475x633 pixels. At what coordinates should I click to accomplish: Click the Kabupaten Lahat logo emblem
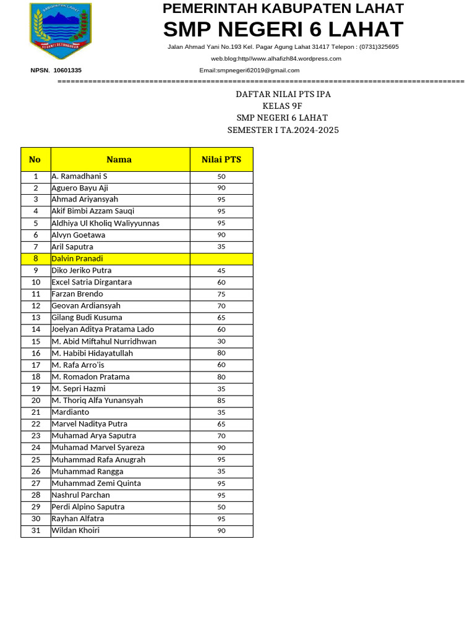tap(61, 31)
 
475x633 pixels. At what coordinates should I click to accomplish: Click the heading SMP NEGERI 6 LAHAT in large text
tap(283, 29)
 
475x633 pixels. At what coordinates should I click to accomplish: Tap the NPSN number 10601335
tap(67, 70)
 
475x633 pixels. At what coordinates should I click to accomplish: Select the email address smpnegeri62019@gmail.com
tap(249, 70)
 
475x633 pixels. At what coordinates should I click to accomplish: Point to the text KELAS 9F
tap(283, 106)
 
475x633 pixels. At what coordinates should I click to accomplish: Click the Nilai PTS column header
tap(221, 159)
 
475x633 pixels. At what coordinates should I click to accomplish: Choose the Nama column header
tap(119, 159)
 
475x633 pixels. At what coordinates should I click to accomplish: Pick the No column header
tap(35, 159)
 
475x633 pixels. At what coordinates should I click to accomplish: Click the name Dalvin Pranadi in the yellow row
tap(77, 258)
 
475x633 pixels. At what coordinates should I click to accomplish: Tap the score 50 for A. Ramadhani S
tap(221, 177)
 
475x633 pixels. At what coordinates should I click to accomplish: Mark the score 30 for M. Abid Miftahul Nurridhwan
tap(221, 341)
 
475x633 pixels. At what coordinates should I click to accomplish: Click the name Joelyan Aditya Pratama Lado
tap(103, 329)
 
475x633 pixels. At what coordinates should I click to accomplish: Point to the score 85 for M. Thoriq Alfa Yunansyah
tap(221, 401)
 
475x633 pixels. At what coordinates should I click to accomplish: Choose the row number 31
tap(36, 530)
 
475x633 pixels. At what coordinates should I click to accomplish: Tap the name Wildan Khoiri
tap(75, 530)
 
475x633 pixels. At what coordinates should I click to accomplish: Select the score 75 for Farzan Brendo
tap(221, 294)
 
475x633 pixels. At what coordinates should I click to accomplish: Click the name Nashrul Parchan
tap(80, 495)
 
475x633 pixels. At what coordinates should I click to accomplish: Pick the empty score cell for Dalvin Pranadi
tap(221, 258)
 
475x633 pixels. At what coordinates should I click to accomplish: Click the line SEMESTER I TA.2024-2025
tap(283, 130)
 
